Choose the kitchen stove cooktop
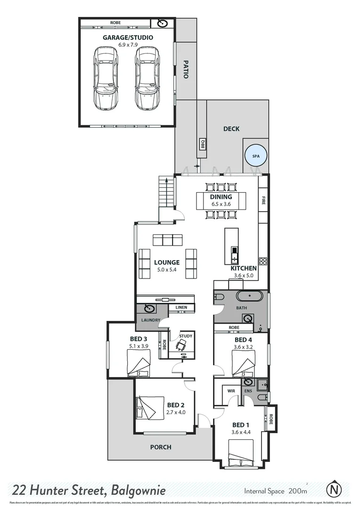263,262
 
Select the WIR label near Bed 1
231,391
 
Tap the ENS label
248,391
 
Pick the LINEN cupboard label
181,308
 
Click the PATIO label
186,69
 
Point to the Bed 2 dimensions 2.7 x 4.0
176,412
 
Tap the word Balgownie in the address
139,491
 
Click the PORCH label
161,447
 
